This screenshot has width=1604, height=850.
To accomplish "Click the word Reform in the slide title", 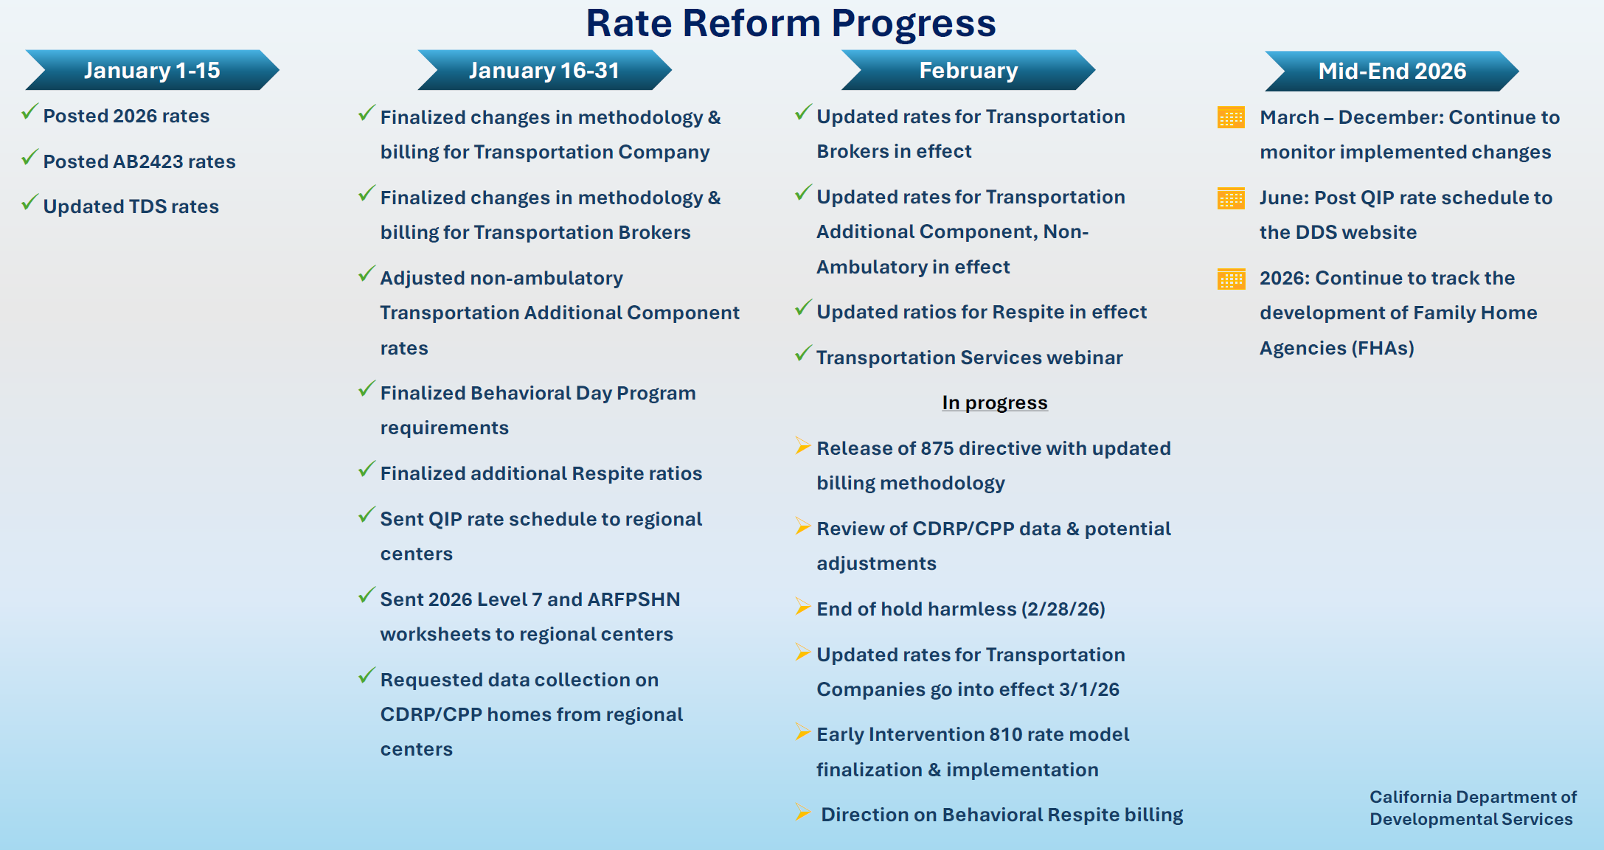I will [x=751, y=23].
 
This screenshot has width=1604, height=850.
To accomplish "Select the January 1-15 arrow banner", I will [x=152, y=70].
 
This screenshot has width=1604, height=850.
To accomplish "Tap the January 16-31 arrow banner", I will [x=544, y=70].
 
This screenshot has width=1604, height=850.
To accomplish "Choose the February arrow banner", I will [x=968, y=70].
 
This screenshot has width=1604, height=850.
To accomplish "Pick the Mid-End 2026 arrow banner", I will [x=1392, y=71].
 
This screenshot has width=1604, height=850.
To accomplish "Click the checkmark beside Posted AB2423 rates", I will [x=29, y=157].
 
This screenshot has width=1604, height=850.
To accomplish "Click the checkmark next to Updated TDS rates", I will [x=29, y=202].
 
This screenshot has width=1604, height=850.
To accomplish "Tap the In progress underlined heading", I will [x=994, y=403].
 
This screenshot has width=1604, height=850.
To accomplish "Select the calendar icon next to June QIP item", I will [x=1231, y=198].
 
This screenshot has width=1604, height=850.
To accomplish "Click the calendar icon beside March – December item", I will [x=1231, y=118].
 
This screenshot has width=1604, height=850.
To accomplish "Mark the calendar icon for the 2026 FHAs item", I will [x=1231, y=279].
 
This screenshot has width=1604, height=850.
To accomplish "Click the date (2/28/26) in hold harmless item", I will [x=1063, y=609].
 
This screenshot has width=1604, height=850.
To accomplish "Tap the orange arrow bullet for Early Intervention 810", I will [x=802, y=732].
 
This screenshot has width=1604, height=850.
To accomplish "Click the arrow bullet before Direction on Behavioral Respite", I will [x=802, y=812].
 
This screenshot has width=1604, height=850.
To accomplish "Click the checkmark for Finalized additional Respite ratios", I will [x=367, y=470].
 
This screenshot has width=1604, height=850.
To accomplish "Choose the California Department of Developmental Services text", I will [x=1472, y=808].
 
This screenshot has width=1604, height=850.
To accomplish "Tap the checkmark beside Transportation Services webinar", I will [x=803, y=354].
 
